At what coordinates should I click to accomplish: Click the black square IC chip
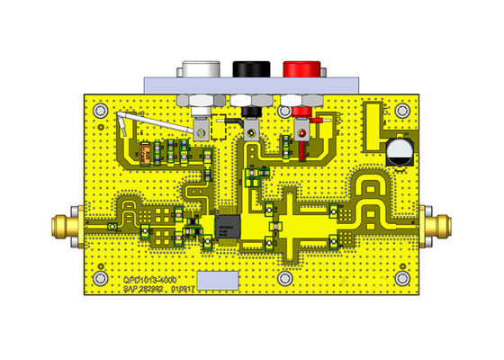228,223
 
